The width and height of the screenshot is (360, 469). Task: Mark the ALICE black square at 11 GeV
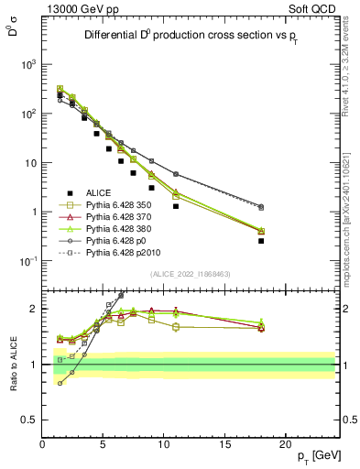(176, 206)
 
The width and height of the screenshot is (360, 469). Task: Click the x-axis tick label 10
(164, 444)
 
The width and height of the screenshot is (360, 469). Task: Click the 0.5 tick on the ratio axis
(32, 420)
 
